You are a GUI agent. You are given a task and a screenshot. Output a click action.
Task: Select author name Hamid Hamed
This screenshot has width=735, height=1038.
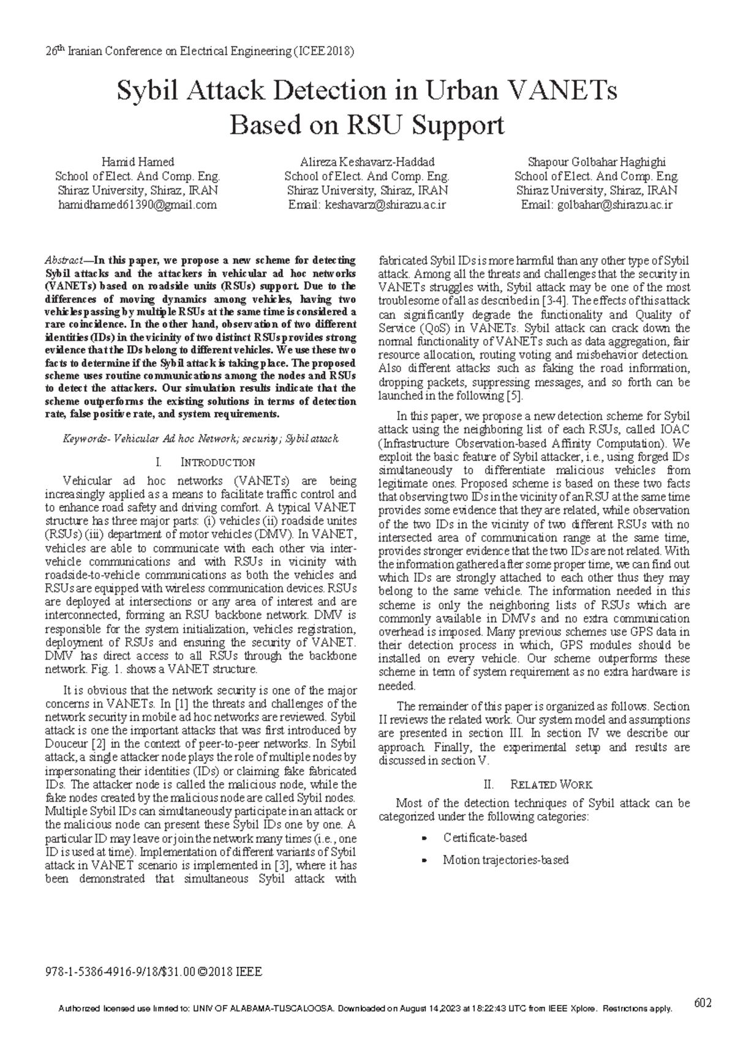138,162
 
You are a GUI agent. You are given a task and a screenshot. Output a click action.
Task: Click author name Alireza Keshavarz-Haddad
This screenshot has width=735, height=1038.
367,162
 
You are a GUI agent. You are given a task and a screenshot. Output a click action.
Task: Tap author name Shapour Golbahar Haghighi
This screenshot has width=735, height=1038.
597,162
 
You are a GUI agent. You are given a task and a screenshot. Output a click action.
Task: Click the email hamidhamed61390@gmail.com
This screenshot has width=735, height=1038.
138,205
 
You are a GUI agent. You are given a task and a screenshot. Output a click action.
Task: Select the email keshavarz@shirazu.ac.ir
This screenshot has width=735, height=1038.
386,205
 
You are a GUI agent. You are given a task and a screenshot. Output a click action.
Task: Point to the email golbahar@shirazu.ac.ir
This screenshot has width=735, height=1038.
614,205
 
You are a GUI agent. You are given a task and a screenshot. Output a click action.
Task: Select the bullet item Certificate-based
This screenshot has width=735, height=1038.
485,837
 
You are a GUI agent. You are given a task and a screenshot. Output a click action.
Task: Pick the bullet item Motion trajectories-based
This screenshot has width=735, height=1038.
506,860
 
